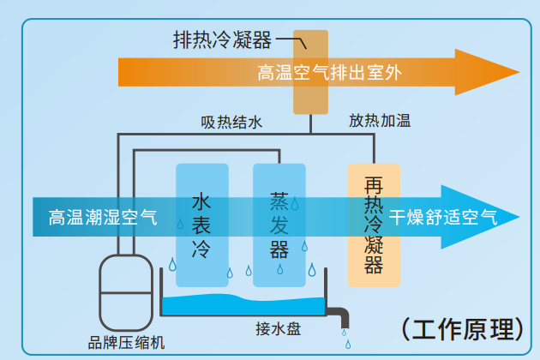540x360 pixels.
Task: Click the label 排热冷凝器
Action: pyautogui.click(x=222, y=39)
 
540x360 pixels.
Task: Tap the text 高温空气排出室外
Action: pyautogui.click(x=329, y=74)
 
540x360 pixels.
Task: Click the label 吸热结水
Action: pyautogui.click(x=231, y=122)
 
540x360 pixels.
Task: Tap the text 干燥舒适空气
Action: pyautogui.click(x=442, y=217)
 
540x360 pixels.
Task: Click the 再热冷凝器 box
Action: pyautogui.click(x=374, y=225)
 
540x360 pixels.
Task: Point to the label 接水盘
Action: pyautogui.click(x=277, y=329)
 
